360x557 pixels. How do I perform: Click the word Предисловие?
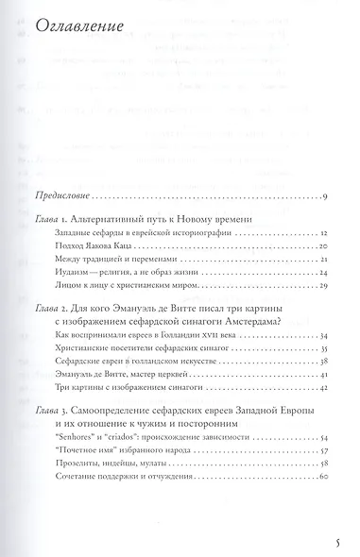(x=60, y=196)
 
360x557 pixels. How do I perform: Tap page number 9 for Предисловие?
(x=324, y=196)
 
